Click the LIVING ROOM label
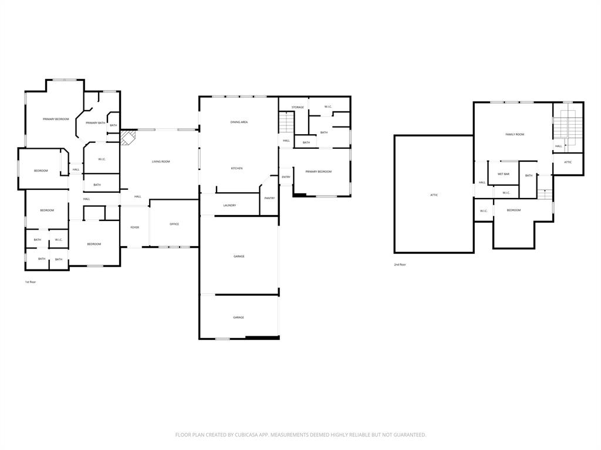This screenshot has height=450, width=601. [161, 161]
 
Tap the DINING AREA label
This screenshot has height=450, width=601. [239, 122]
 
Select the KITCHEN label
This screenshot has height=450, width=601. [237, 168]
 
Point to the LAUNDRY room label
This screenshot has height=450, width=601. [229, 205]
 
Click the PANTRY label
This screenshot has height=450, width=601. [269, 198]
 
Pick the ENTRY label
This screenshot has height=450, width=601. [286, 177]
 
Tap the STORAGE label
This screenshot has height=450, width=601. [298, 107]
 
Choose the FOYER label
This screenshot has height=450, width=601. [135, 227]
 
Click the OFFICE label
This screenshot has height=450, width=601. [174, 224]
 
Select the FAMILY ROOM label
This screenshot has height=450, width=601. [515, 134]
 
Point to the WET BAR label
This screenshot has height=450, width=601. [504, 174]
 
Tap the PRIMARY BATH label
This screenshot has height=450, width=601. [95, 122]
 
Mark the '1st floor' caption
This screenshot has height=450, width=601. [31, 282]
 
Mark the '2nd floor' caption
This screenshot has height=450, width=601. [400, 264]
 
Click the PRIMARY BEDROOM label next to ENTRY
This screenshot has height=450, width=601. [318, 172]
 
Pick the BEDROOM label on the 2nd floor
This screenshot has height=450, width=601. [514, 210]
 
